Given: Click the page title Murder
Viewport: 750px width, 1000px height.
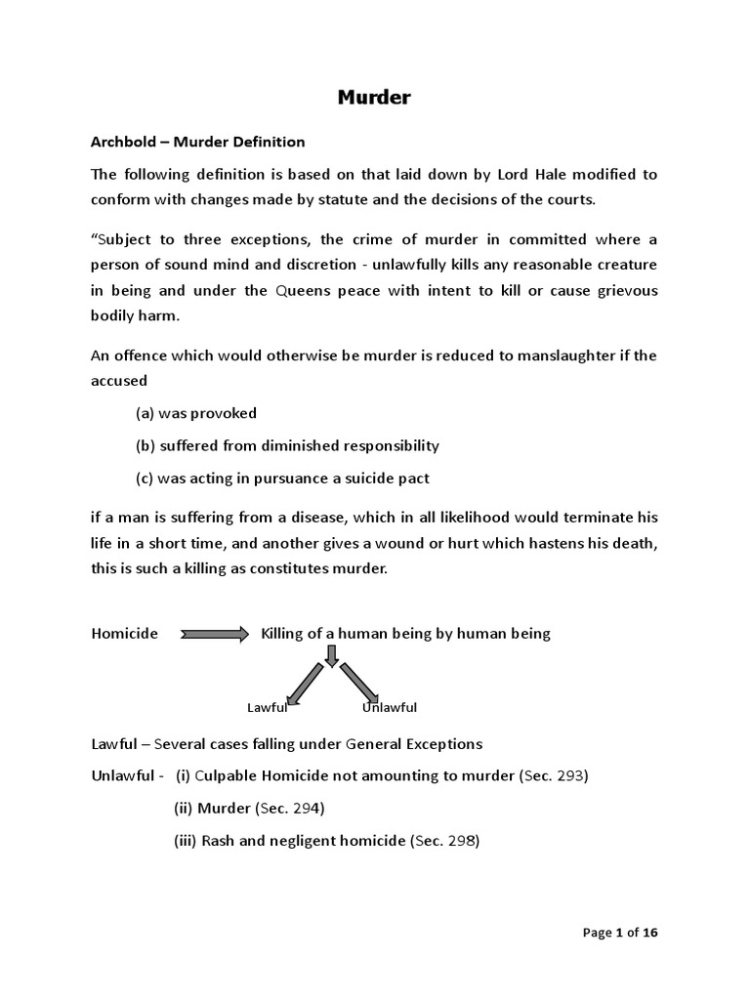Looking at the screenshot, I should pos(375,98).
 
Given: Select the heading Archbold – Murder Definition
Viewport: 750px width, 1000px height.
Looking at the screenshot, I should pos(198,142).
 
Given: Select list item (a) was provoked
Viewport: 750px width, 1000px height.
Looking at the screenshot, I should pos(196,413).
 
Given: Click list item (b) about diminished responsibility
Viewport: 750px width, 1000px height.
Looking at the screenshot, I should pos(287,445).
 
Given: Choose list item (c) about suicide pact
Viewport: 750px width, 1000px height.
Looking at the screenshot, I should pos(282,479).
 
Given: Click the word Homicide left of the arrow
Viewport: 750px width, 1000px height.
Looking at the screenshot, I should pos(124,634).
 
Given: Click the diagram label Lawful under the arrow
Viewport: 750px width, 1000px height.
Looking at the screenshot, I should pos(267,707).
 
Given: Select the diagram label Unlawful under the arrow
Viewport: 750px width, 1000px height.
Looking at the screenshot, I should pos(390,707).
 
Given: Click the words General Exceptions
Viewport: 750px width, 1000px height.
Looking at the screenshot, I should pos(414,744).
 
